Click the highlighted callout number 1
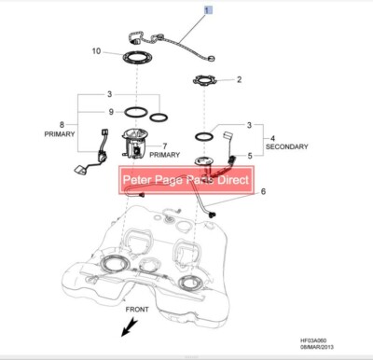point(209,9)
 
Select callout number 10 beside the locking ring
point(95,51)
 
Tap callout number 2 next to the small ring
point(239,79)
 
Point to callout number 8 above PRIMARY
point(62,124)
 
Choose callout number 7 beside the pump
point(164,145)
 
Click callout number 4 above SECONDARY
point(272,137)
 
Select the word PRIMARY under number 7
point(164,155)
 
